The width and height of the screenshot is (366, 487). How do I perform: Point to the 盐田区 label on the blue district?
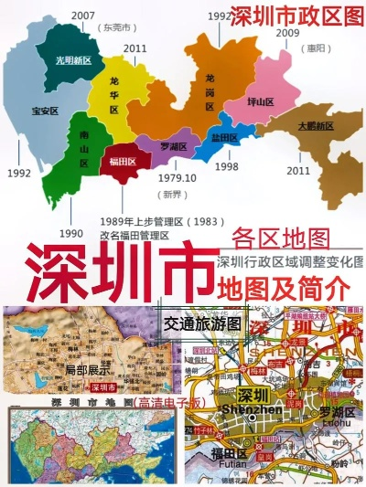click(x=223, y=138)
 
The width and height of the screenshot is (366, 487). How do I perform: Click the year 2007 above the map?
click(x=83, y=15)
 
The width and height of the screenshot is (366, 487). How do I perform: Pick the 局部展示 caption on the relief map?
click(x=87, y=371)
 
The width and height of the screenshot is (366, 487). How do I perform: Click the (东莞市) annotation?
click(x=115, y=28)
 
